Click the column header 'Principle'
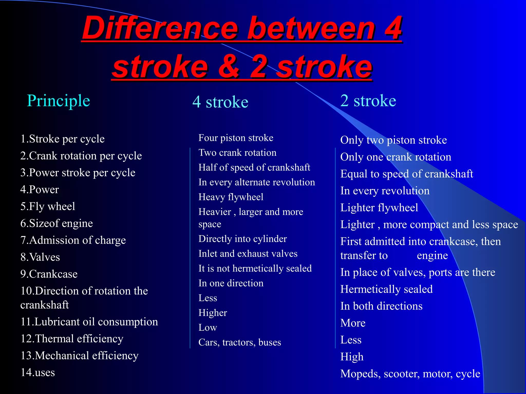point(59,101)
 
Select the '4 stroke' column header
point(220,102)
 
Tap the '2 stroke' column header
point(368,101)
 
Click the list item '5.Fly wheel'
point(48,206)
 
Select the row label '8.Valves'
point(40,257)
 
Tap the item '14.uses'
point(38,372)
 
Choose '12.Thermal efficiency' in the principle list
point(72,339)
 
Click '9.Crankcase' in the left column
point(49,274)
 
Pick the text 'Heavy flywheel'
point(231,197)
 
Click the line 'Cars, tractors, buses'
point(240,342)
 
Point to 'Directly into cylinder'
point(242,239)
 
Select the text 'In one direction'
point(231,283)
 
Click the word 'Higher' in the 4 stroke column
point(213,313)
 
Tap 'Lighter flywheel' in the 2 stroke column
point(379,208)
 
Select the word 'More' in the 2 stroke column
point(353,323)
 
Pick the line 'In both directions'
point(381,306)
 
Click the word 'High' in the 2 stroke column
point(352,357)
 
